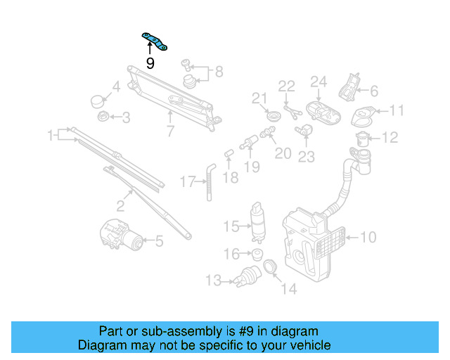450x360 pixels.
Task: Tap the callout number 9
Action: pos(150,64)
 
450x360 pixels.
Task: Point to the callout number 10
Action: pos(368,238)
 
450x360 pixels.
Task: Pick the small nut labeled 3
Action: pos(103,117)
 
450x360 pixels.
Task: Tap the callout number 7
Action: pos(169,131)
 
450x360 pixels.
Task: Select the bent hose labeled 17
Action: pos(209,179)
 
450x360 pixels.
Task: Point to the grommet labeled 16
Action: pos(257,253)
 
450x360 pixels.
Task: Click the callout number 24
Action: pos(319,82)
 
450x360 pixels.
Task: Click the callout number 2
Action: pos(120,206)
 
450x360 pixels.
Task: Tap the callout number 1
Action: pos(51,134)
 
